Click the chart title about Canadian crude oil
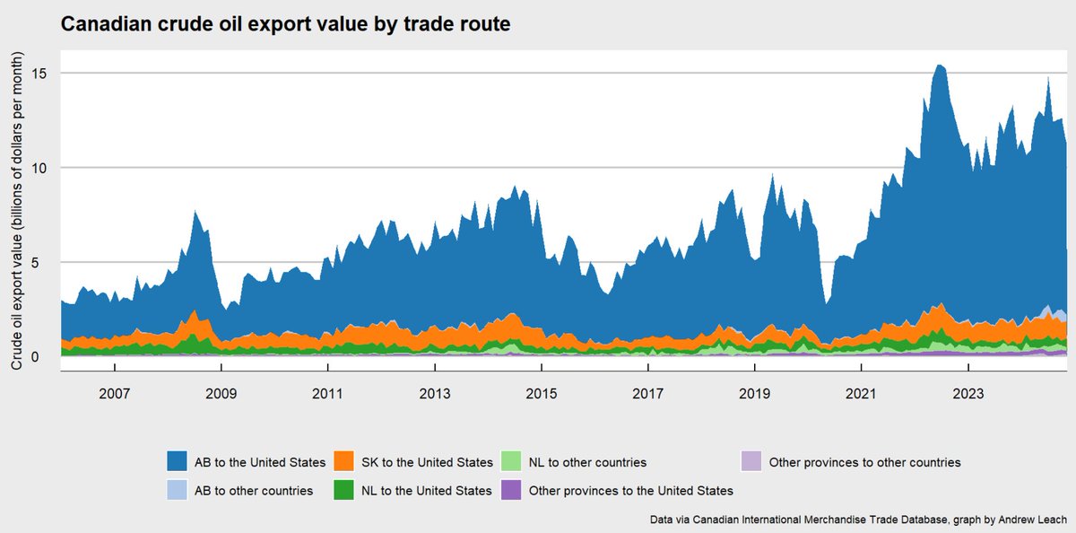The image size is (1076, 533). (285, 25)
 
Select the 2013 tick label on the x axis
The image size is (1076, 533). (435, 394)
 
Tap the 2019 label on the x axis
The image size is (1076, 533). (754, 394)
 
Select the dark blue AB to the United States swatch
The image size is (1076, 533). (178, 462)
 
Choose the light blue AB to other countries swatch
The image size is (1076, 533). (178, 490)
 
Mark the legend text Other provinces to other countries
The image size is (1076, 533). (864, 463)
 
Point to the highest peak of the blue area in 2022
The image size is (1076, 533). (938, 66)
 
